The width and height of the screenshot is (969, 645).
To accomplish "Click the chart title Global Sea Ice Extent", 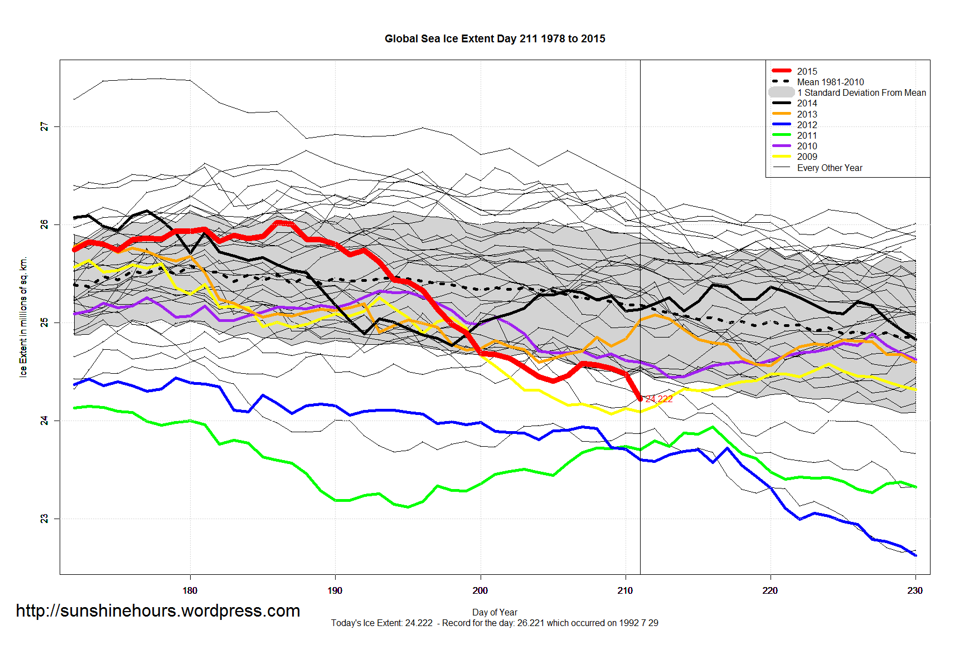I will [495, 39].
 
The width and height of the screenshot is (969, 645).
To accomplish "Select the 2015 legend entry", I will [806, 71].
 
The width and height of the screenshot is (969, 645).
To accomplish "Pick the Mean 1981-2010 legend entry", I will [830, 82].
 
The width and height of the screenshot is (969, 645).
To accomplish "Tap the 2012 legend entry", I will [806, 125].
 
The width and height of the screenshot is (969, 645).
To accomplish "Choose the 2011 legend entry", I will [806, 135].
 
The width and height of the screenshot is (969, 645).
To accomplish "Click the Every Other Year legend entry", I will [829, 168].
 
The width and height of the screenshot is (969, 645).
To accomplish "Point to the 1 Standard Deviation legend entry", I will [861, 92].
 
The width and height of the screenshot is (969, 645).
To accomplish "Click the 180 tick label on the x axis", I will [190, 590].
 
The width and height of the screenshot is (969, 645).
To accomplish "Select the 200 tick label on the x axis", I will [480, 590].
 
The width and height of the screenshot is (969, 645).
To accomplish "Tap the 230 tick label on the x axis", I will [915, 590].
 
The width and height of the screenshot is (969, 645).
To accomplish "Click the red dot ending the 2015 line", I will [640, 398].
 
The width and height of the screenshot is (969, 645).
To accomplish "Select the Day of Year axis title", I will [495, 612].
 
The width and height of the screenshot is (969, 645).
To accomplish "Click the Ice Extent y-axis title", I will [23, 317].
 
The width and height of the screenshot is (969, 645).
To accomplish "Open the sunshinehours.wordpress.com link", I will [158, 611].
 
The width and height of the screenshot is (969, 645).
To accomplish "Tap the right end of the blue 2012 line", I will [915, 555].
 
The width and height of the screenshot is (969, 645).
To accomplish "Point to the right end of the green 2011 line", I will [915, 487].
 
